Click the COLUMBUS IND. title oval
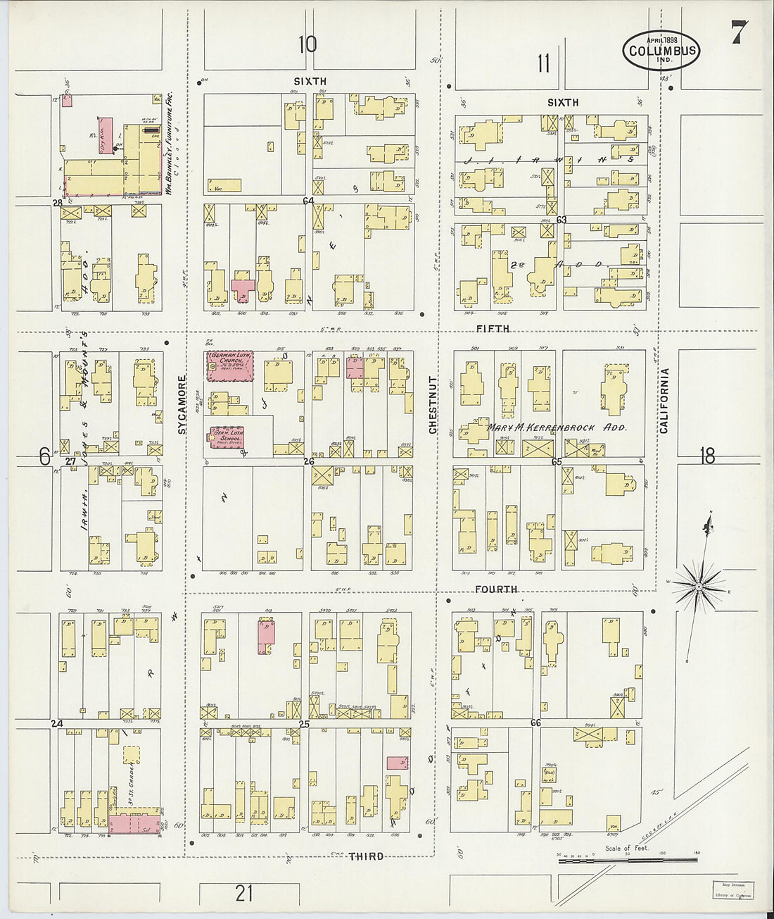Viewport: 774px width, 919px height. coord(661,51)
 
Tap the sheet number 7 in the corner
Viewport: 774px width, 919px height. coord(737,32)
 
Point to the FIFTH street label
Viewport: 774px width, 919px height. coord(493,329)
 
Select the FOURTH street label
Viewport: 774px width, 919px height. coord(495,589)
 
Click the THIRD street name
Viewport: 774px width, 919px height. coord(367,856)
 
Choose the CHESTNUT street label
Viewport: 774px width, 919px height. coord(433,404)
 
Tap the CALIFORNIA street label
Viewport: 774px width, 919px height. coord(664,400)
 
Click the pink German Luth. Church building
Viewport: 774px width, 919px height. coord(229,366)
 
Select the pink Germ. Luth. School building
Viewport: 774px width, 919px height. coord(226,437)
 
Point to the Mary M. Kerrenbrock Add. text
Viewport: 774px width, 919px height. coord(557,427)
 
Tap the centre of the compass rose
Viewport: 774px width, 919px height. coord(698,585)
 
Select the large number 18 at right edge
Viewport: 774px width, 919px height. coord(707,456)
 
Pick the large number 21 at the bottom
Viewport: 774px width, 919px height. coord(243,893)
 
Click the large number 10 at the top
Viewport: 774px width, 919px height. coord(307,44)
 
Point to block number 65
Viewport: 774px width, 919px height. coord(557,462)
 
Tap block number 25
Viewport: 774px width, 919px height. coord(304,724)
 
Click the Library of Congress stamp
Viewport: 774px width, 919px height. coord(732,890)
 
